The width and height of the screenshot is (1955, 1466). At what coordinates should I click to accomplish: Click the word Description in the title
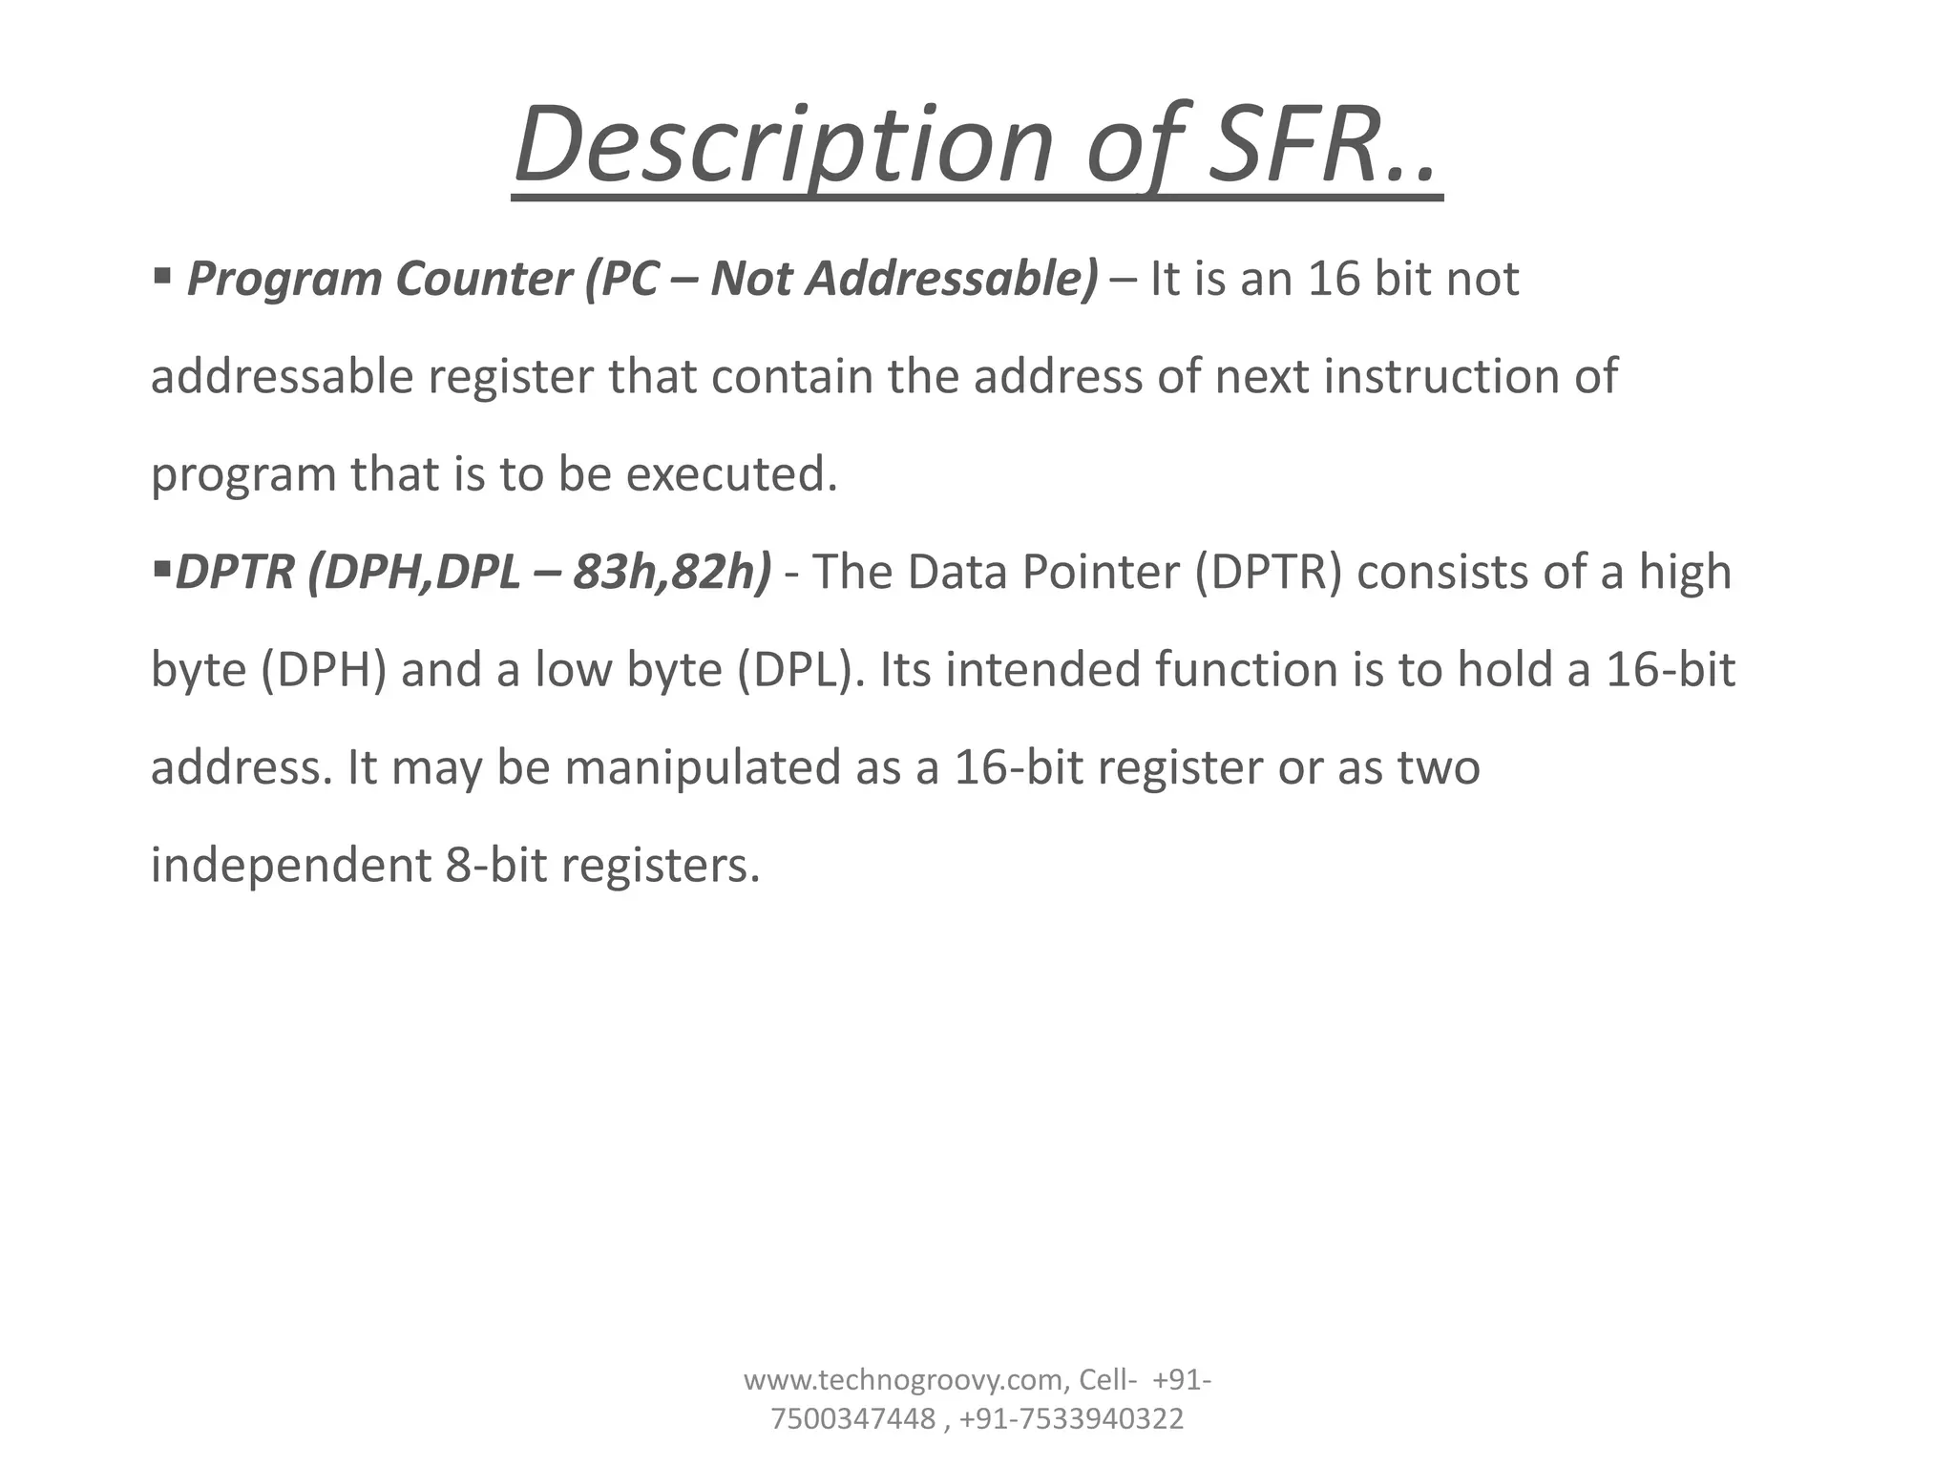[783, 146]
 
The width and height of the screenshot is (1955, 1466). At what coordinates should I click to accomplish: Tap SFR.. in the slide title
[1323, 146]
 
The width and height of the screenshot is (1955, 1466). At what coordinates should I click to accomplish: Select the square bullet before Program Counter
[161, 277]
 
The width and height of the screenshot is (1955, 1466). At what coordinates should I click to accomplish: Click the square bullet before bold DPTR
[159, 571]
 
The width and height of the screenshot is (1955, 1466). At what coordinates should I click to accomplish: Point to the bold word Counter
[483, 280]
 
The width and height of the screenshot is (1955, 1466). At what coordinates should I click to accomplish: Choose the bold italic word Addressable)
[953, 280]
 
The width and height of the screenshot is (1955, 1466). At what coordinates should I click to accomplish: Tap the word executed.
[731, 474]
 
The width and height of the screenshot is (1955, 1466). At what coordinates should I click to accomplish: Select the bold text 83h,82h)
[672, 573]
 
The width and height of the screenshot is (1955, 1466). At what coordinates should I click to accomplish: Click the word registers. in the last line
[661, 866]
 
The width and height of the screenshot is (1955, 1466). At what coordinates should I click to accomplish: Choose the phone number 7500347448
[852, 1419]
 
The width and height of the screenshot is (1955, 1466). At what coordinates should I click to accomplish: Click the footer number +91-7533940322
[1071, 1419]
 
